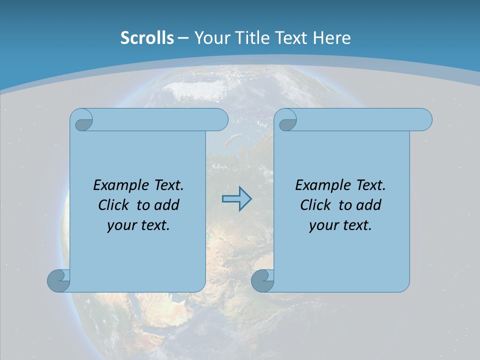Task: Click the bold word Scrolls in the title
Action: click(x=147, y=38)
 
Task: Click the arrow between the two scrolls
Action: click(x=236, y=199)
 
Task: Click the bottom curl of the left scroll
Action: click(x=58, y=280)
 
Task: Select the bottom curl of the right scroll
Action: click(x=262, y=280)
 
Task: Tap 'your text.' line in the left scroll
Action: click(x=138, y=225)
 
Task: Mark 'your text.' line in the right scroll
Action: click(x=340, y=225)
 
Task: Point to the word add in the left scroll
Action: click(x=167, y=205)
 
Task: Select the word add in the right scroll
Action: click(x=369, y=205)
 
